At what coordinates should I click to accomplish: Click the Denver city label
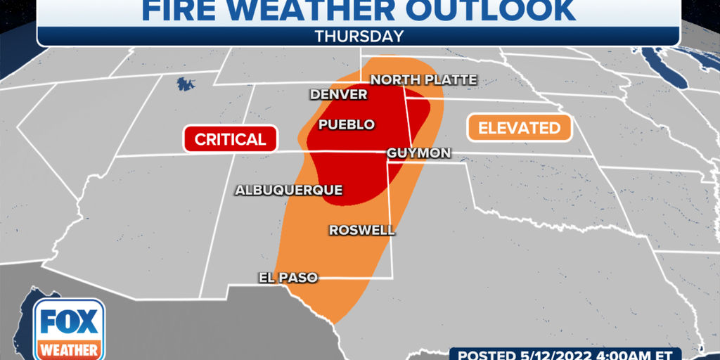pos(338,94)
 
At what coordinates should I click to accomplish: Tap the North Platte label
pos(423,79)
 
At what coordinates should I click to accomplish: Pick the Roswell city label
pos(361,230)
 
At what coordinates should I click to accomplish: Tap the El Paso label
pos(288,278)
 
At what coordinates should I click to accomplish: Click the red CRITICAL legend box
pos(230,139)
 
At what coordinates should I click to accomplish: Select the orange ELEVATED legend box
pos(519,128)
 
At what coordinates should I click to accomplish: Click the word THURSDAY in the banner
pos(359,36)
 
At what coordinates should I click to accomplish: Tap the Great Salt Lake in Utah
pos(186,85)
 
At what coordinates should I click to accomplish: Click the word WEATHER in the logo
pos(68,349)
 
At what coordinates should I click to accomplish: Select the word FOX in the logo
pos(68,322)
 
